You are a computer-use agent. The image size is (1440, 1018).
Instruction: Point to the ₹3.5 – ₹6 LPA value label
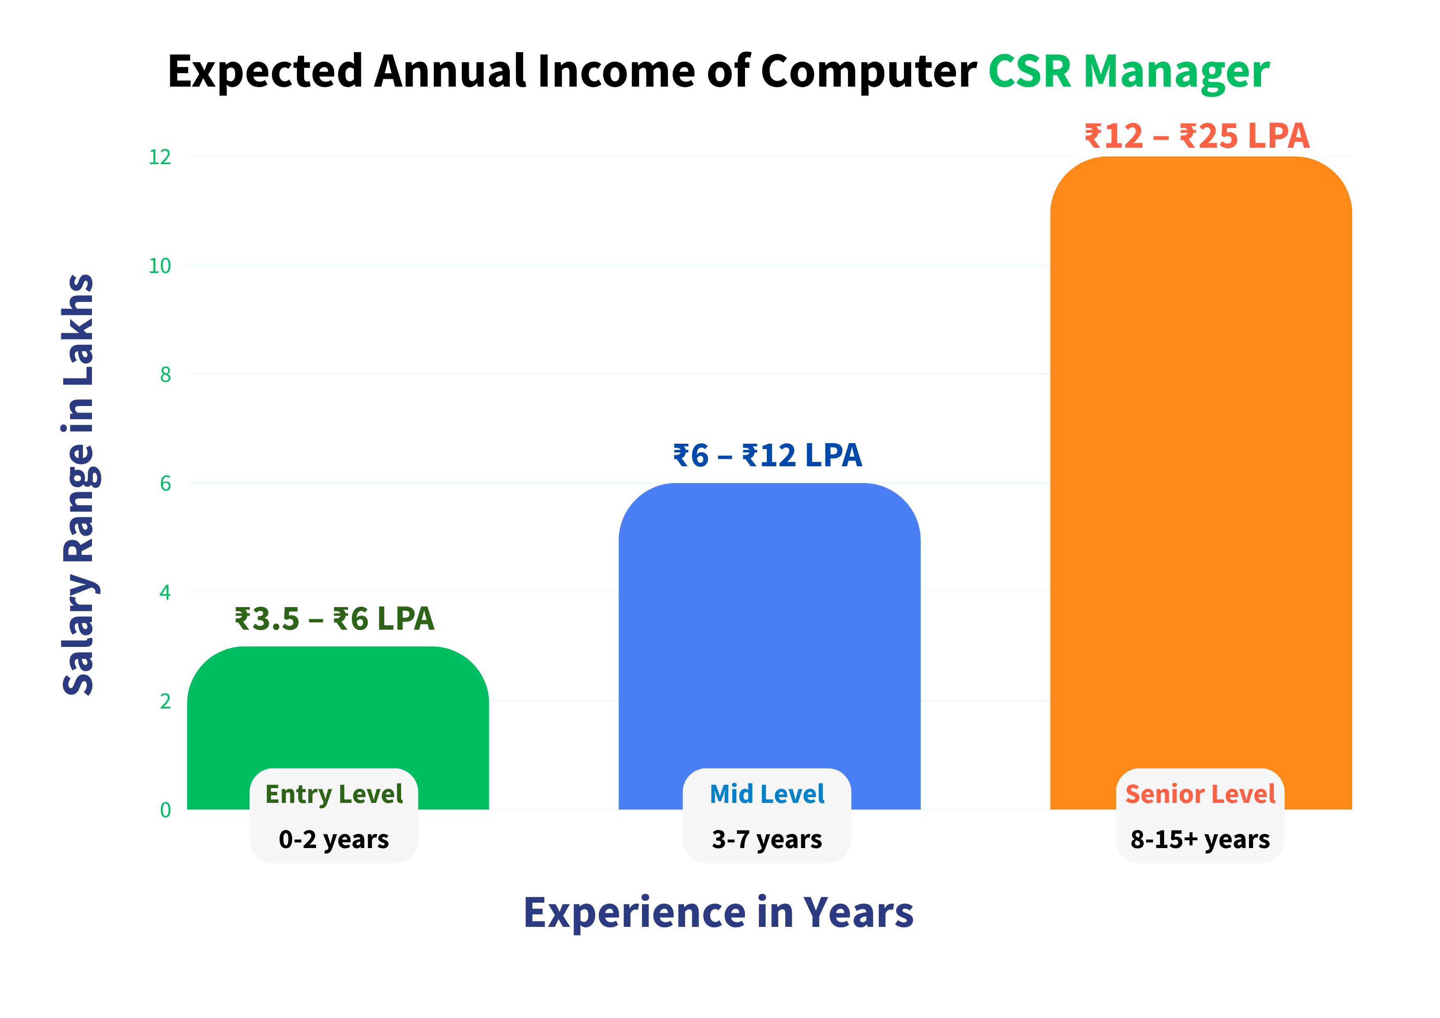click(334, 619)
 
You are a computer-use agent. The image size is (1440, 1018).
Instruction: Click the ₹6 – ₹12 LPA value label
click(768, 455)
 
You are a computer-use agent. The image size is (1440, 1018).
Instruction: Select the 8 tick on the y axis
click(165, 374)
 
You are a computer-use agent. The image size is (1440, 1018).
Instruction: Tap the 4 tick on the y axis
click(165, 592)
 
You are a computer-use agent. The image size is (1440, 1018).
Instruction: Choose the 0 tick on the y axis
click(165, 810)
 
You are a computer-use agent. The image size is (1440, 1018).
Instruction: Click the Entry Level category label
click(334, 794)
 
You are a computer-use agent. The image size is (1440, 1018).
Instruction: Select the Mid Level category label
click(767, 794)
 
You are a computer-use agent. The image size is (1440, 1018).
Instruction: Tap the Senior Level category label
click(1200, 794)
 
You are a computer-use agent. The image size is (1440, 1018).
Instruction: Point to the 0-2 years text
click(334, 839)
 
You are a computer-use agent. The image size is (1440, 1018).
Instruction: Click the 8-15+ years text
click(1200, 839)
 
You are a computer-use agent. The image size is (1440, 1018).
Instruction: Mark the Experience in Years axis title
click(719, 913)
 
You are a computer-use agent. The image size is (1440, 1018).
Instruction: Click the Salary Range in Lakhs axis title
click(79, 485)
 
